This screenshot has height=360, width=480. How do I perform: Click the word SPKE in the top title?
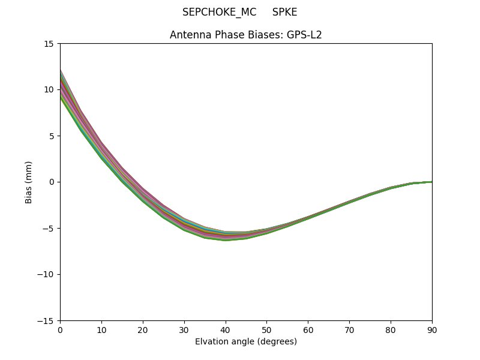pyautogui.click(x=284, y=12)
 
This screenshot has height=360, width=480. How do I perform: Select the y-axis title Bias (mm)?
pyautogui.click(x=29, y=182)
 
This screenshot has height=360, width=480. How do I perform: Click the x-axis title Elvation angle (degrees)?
pyautogui.click(x=246, y=342)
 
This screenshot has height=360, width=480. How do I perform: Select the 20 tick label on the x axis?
pyautogui.click(x=143, y=329)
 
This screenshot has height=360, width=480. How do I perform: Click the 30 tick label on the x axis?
pyautogui.click(x=184, y=329)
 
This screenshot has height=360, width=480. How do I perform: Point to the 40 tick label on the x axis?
pyautogui.click(x=226, y=329)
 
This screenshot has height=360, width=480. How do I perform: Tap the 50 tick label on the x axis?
pyautogui.click(x=266, y=329)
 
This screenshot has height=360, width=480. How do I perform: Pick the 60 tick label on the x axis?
pyautogui.click(x=308, y=329)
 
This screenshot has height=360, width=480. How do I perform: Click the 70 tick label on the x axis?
pyautogui.click(x=349, y=329)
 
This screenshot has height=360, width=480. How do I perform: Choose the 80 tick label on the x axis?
pyautogui.click(x=391, y=329)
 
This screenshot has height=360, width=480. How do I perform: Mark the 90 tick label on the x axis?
pyautogui.click(x=432, y=329)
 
